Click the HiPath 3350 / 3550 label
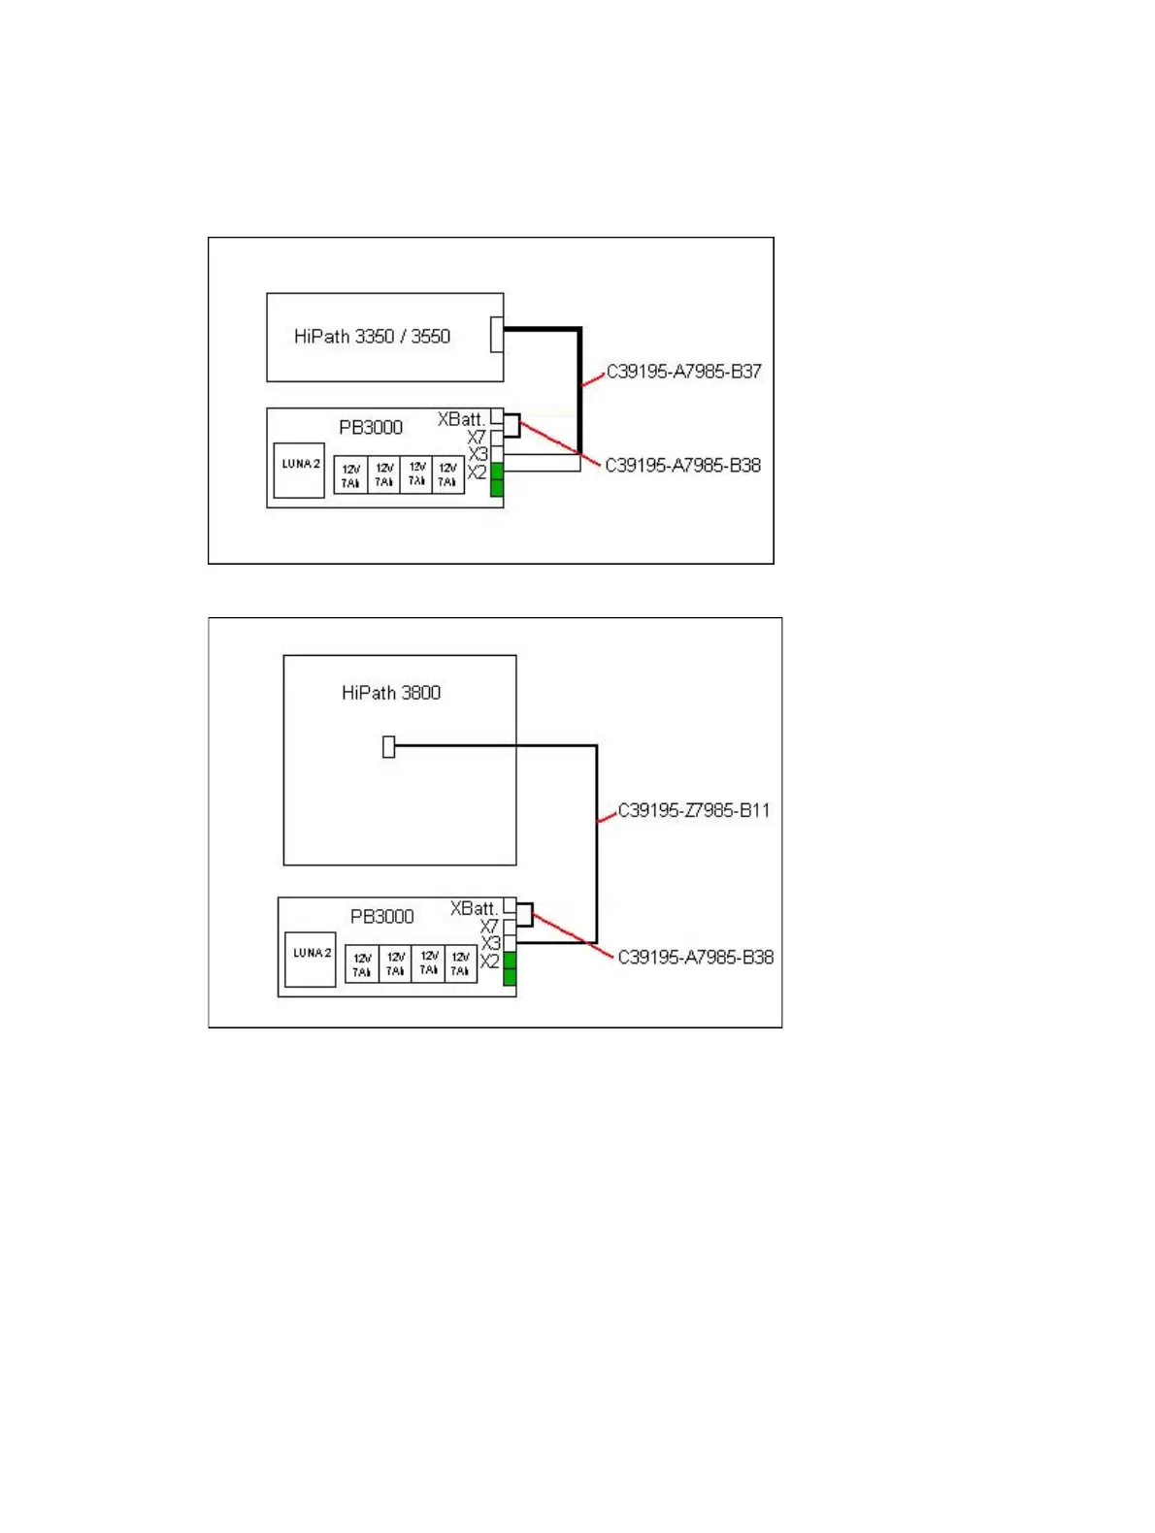372,337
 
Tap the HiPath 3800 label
390,693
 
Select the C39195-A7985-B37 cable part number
683,372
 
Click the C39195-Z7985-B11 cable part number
693,810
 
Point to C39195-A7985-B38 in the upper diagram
682,466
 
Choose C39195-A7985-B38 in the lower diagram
695,958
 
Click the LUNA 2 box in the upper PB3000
299,471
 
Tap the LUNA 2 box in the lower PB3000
311,960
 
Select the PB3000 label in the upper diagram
370,427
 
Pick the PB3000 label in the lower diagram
381,916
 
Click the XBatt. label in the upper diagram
460,419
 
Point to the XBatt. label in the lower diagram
473,908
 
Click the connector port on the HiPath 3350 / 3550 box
497,334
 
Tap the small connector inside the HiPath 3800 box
388,746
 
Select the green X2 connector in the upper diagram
497,479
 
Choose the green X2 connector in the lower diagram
510,968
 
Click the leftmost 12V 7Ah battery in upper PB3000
350,475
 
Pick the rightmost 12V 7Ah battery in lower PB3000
460,963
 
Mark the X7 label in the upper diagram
476,438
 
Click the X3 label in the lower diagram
490,943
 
